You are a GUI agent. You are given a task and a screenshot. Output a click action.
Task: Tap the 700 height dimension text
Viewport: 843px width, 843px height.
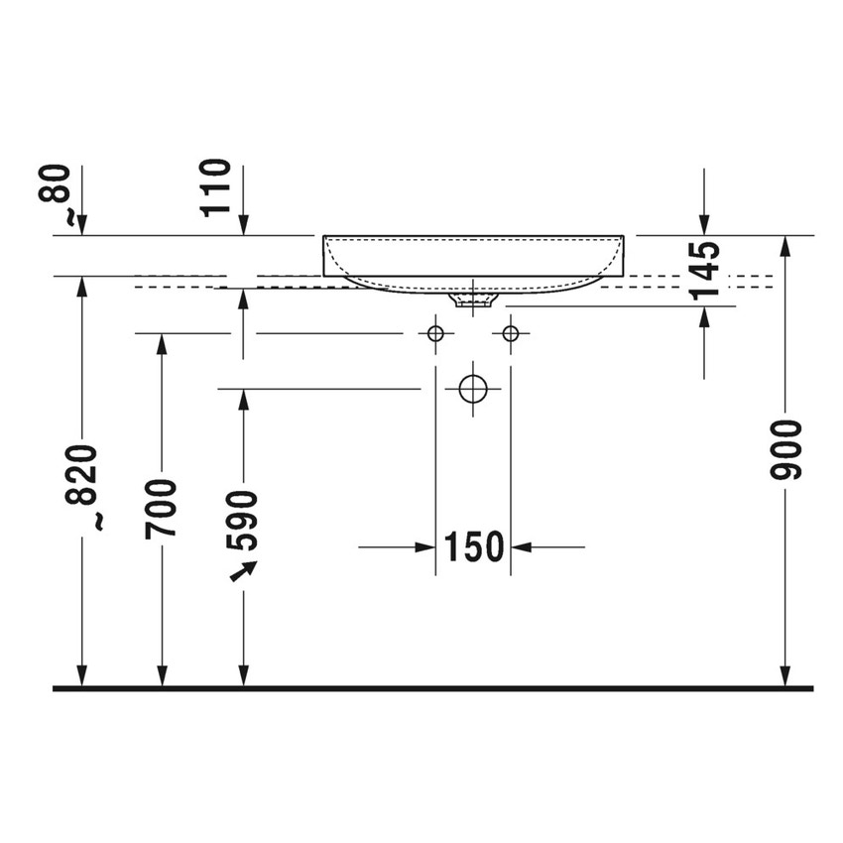point(162,508)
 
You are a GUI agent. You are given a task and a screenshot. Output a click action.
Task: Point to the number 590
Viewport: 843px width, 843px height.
point(242,520)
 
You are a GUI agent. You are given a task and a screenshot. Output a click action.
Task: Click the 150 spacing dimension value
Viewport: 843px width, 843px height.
point(473,545)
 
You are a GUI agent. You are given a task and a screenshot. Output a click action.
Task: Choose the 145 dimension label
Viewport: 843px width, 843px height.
point(704,270)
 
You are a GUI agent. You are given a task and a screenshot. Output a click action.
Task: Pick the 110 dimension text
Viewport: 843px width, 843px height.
point(216,188)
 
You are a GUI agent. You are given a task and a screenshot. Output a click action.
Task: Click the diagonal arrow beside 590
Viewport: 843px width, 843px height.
point(242,570)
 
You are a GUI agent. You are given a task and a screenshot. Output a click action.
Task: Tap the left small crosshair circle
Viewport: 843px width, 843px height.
point(435,333)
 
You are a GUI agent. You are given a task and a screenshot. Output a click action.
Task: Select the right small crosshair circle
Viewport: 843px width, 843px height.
point(511,333)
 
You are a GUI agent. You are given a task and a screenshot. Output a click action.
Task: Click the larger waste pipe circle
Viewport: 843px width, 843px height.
point(474,389)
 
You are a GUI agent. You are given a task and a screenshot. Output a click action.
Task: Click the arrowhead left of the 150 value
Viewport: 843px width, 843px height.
point(427,545)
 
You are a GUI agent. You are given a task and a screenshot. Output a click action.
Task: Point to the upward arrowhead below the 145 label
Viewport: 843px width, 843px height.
point(704,316)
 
